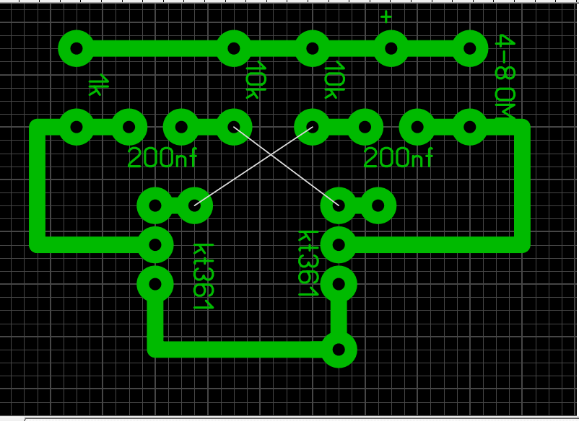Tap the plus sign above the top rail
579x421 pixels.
point(386,17)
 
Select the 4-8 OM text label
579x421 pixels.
point(505,76)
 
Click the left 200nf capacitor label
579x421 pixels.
point(162,157)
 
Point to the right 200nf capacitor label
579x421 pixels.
point(399,157)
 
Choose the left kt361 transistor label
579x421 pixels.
point(204,277)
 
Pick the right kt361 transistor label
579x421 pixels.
point(308,263)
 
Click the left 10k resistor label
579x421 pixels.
point(256,80)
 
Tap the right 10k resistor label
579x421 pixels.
point(335,80)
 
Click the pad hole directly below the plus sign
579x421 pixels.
point(391,48)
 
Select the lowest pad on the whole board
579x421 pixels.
point(339,350)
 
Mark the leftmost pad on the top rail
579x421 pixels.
point(77,48)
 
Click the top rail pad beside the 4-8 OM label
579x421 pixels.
point(469,48)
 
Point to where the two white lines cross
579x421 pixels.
point(272,155)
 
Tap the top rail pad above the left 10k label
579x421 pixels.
point(234,48)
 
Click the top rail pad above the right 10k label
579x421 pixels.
point(313,48)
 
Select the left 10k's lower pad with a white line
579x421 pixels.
point(234,127)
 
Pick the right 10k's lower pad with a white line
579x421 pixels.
point(313,127)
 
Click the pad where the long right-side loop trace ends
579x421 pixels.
point(339,245)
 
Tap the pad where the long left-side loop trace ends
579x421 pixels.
point(155,245)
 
